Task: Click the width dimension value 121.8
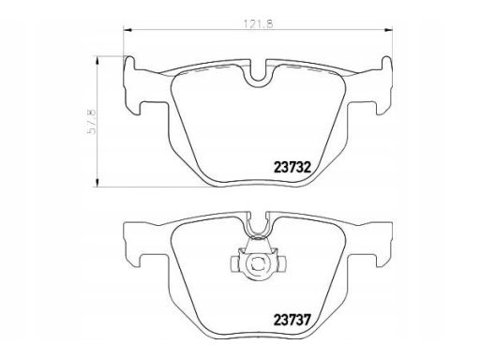(x=258, y=24)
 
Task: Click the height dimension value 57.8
(x=92, y=122)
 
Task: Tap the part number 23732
(x=292, y=168)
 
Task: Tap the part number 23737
(x=292, y=320)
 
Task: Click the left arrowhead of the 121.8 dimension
(x=128, y=30)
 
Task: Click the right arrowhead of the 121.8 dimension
(x=388, y=30)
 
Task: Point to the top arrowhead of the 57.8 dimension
(x=97, y=60)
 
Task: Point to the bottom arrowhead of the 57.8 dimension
(x=97, y=183)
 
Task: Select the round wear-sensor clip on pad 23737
(x=258, y=264)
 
